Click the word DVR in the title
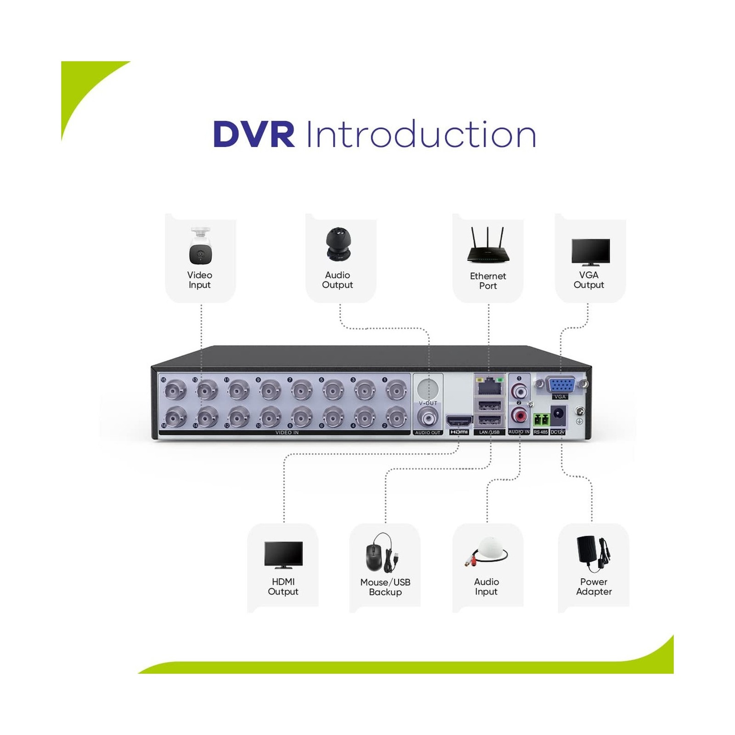[254, 135]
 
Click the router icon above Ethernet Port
[487, 246]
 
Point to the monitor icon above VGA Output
[590, 252]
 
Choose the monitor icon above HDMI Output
[283, 555]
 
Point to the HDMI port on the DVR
[459, 420]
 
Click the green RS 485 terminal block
[541, 419]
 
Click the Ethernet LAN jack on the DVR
[489, 386]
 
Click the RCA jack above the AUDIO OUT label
[428, 418]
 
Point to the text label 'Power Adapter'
[594, 587]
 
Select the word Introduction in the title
[421, 135]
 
